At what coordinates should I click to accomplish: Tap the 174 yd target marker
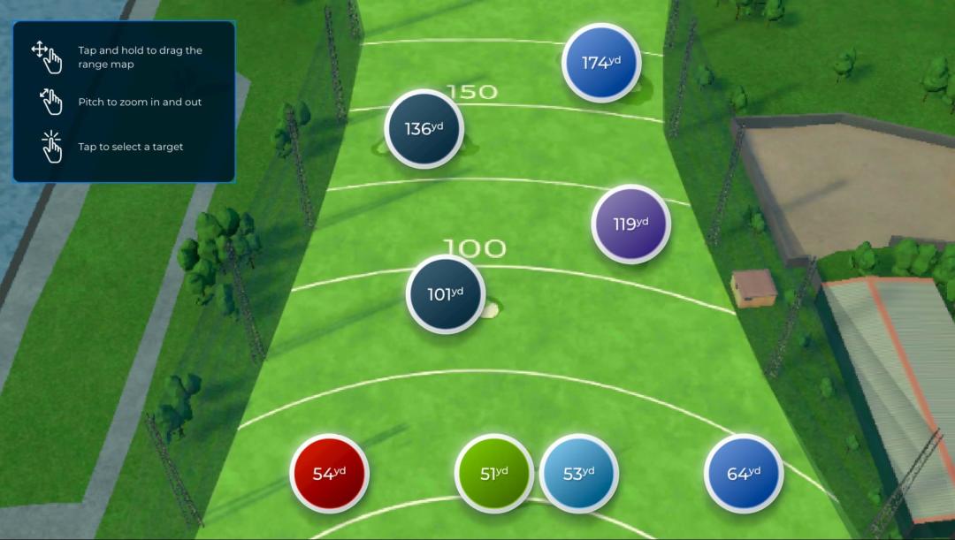(601, 62)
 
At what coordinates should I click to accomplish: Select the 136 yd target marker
(424, 128)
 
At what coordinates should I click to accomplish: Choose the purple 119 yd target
(630, 224)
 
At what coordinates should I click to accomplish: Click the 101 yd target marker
(446, 293)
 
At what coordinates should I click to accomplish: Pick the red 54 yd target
(329, 473)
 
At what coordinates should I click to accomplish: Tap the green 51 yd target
(494, 473)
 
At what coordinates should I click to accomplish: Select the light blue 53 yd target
(578, 473)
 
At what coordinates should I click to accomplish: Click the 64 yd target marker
(744, 473)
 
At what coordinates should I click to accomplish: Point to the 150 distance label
(471, 92)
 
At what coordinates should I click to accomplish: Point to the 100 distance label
(474, 248)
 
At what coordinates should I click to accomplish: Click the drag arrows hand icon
(48, 57)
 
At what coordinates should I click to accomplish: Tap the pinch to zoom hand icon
(51, 102)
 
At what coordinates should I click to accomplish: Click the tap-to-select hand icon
(51, 147)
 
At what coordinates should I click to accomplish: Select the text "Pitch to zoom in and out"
(140, 102)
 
